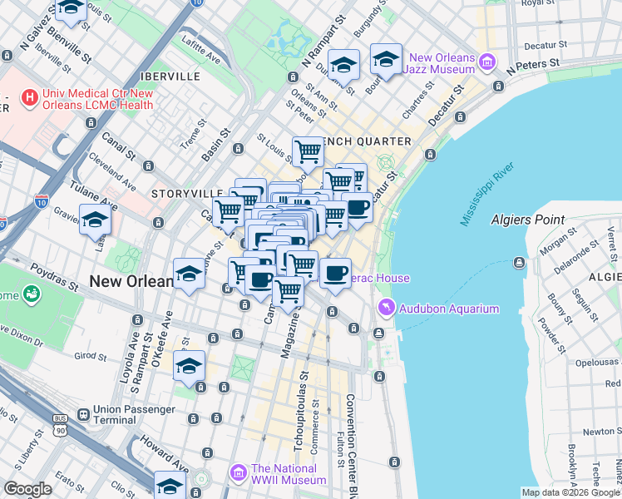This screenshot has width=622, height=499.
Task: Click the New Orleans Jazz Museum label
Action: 442,64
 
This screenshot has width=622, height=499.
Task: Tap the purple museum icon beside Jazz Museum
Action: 486,62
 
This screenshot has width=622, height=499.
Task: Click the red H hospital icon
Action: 31,98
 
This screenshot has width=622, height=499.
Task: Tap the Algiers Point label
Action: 527,220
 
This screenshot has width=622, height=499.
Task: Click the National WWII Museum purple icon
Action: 239,473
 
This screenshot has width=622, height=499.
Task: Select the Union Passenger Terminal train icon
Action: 82,414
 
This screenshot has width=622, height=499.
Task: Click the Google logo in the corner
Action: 28,488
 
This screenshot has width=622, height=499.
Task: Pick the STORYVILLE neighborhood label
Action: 180,193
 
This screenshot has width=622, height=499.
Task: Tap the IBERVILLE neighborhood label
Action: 172,76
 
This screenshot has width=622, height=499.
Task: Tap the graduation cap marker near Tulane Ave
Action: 95,221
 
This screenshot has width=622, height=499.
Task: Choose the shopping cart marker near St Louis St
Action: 308,152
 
